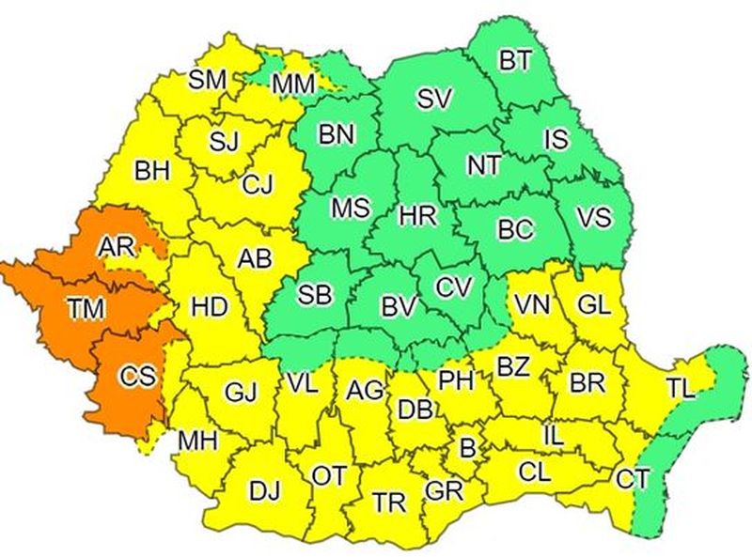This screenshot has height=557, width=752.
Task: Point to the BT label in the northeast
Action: click(514, 61)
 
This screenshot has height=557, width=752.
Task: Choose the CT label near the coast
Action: click(633, 478)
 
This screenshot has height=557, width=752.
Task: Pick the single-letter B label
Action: click(466, 447)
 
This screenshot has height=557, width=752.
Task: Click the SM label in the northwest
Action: click(207, 80)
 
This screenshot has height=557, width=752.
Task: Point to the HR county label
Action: click(417, 215)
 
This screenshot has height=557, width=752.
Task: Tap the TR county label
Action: click(389, 502)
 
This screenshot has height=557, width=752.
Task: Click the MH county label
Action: click(197, 440)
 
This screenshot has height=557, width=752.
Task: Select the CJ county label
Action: click(257, 185)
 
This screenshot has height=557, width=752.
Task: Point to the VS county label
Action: click(593, 218)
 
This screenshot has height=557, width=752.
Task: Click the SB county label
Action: click(315, 294)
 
